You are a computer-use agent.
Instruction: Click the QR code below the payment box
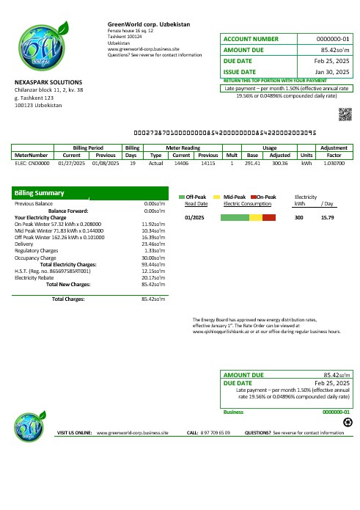tap(345, 113)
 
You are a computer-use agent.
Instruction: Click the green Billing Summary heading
tap(40, 194)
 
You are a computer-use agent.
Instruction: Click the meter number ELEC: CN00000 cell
tap(31, 164)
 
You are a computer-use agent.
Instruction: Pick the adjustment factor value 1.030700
tap(334, 164)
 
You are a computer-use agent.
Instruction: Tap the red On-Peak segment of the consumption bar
tap(269, 218)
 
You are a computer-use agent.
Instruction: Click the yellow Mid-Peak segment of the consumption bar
tap(256, 218)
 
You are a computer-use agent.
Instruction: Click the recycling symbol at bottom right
tap(347, 422)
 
